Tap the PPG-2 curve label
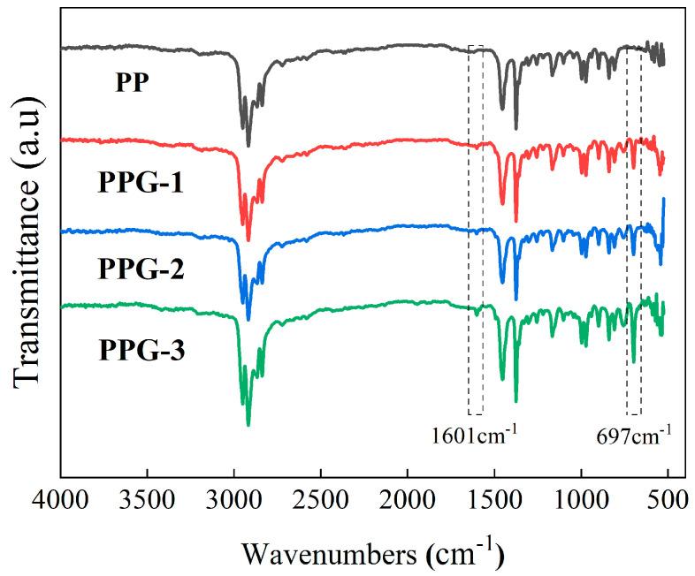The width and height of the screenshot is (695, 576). pyautogui.click(x=142, y=266)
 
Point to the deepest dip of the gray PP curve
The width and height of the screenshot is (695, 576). pyautogui.click(x=248, y=147)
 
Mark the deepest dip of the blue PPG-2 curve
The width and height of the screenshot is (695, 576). pyautogui.click(x=248, y=321)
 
